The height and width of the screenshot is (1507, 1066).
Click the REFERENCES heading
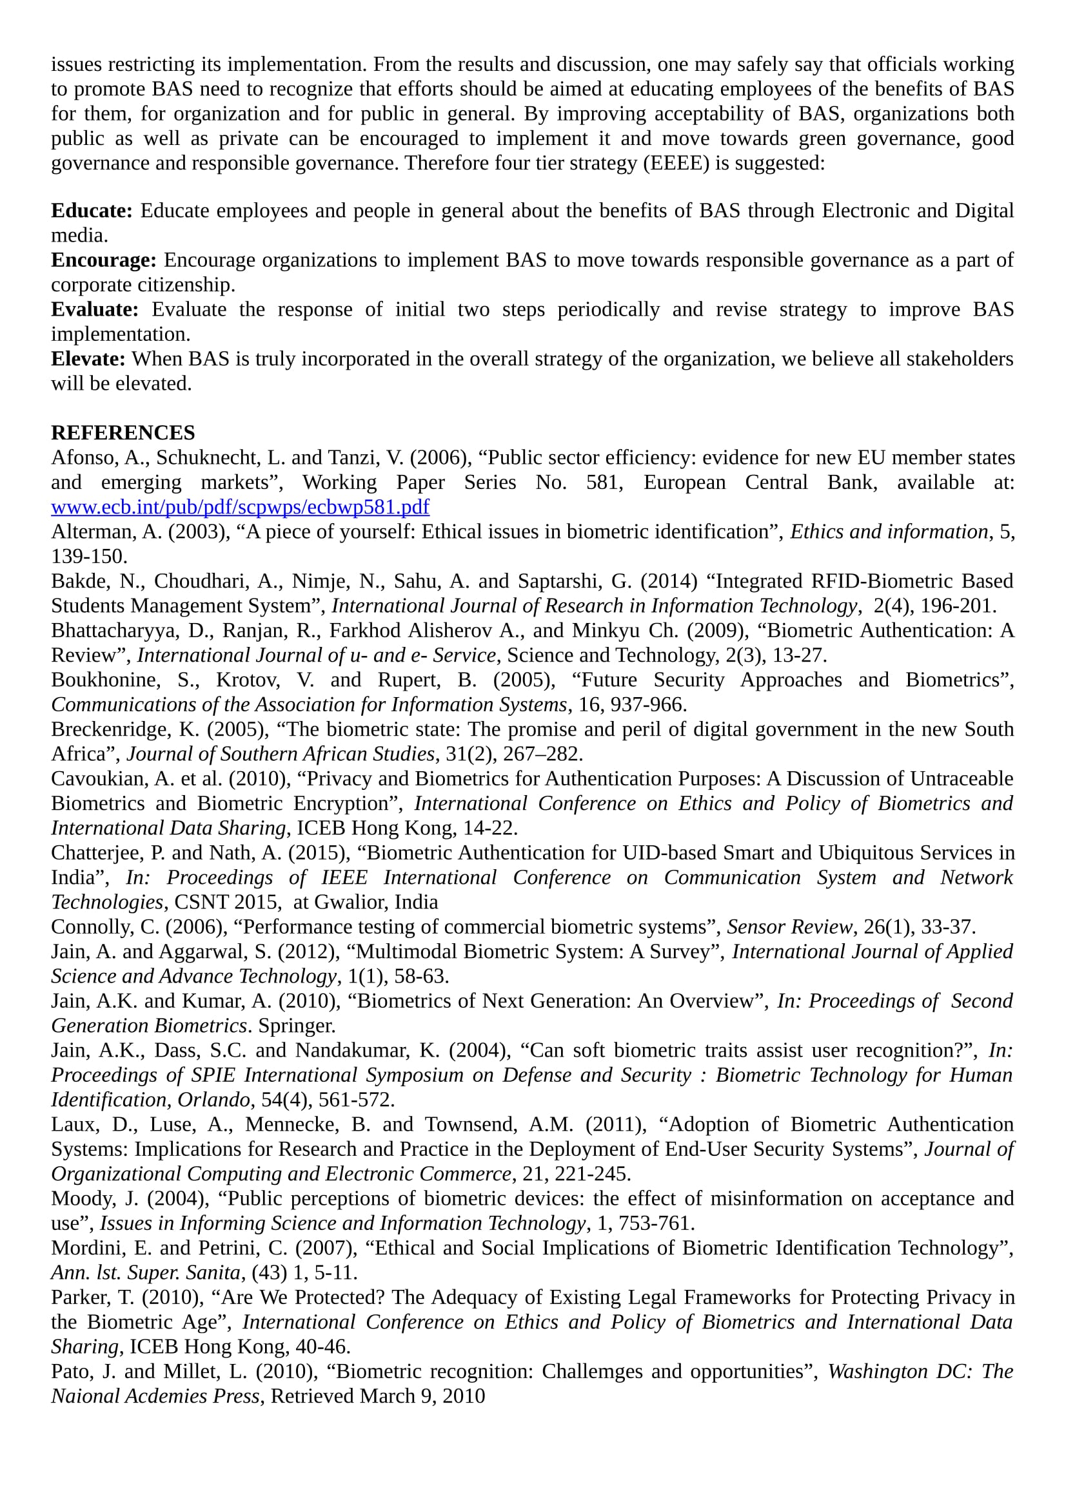(123, 432)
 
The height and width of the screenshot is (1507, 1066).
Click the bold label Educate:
(92, 211)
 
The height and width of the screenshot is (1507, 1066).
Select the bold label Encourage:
(104, 260)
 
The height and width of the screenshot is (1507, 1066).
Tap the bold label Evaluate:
(95, 309)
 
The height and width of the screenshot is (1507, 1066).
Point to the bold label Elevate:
(88, 359)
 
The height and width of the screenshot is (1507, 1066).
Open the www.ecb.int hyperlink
(240, 506)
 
